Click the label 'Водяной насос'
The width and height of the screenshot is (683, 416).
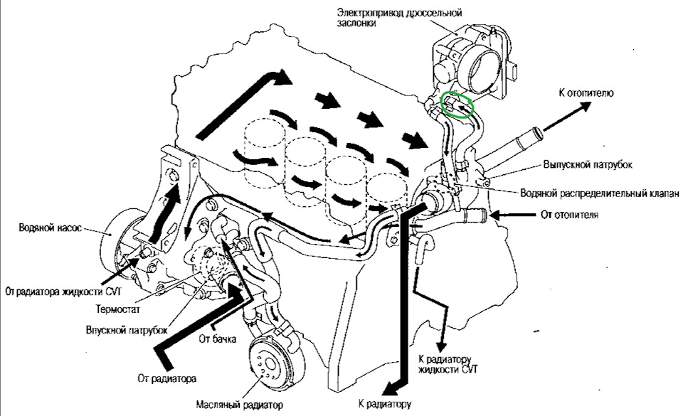click(50, 228)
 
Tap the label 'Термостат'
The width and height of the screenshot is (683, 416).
click(118, 309)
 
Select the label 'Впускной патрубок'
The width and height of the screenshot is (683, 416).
click(127, 330)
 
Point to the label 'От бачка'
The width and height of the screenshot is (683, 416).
click(218, 338)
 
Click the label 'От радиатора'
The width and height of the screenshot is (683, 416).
click(166, 378)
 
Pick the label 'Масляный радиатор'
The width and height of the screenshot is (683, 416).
click(240, 405)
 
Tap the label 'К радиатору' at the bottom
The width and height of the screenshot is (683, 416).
click(385, 404)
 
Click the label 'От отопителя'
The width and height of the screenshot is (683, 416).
click(569, 215)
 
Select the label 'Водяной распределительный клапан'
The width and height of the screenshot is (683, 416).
click(600, 193)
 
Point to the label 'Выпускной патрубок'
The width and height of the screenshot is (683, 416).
click(588, 164)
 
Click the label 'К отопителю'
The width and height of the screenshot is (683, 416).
click(586, 92)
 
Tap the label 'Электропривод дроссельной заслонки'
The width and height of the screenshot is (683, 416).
click(399, 17)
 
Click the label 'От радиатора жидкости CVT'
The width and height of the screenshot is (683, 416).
click(63, 291)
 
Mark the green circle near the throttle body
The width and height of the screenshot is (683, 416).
click(457, 105)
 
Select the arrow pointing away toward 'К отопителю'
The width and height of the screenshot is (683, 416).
click(568, 116)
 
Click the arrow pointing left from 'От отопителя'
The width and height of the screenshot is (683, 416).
click(513, 215)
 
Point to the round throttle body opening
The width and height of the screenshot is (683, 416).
click(479, 67)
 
